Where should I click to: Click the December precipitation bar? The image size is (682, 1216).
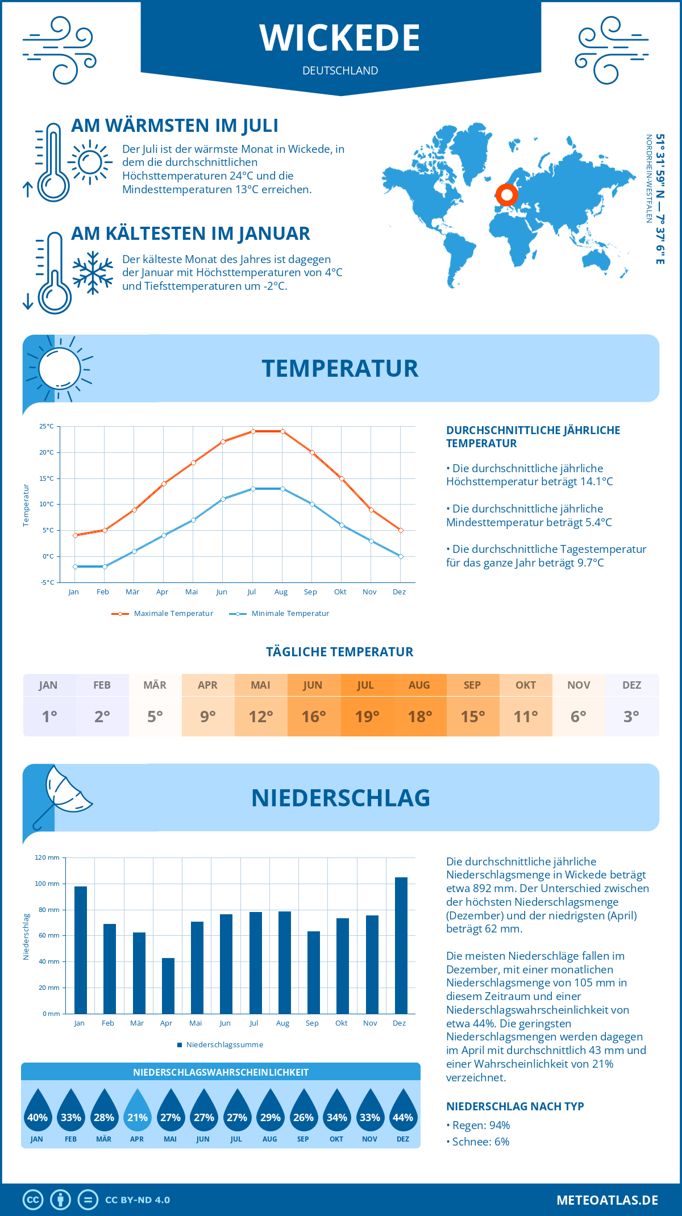point(401,946)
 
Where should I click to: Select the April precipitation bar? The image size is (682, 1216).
point(168,986)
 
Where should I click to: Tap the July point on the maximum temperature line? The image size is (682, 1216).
point(253,431)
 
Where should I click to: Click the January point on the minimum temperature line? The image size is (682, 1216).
point(75,567)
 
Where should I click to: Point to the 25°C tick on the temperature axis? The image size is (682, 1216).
point(47,426)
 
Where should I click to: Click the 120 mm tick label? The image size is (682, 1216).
point(47,857)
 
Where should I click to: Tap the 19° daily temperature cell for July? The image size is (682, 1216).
point(367,717)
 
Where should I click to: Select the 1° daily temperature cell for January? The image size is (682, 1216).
point(49,717)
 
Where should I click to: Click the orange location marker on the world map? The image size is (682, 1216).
point(506,195)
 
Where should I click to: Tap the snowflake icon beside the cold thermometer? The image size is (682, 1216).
point(93,273)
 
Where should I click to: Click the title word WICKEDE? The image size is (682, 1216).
point(340,38)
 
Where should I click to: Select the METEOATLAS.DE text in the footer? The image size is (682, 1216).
point(607,1200)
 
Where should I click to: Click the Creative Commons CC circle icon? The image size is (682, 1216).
point(33,1200)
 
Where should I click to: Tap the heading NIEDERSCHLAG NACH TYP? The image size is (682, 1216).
point(515,1106)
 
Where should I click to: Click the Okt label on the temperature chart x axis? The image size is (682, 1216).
point(340,592)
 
